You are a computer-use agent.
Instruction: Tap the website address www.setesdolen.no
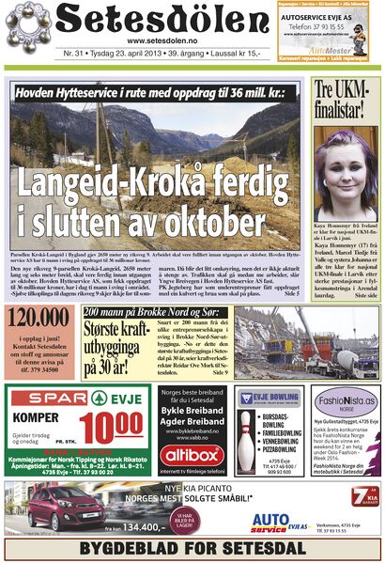pyautogui.click(x=161, y=41)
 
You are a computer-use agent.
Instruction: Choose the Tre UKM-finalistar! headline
pyautogui.click(x=343, y=101)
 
